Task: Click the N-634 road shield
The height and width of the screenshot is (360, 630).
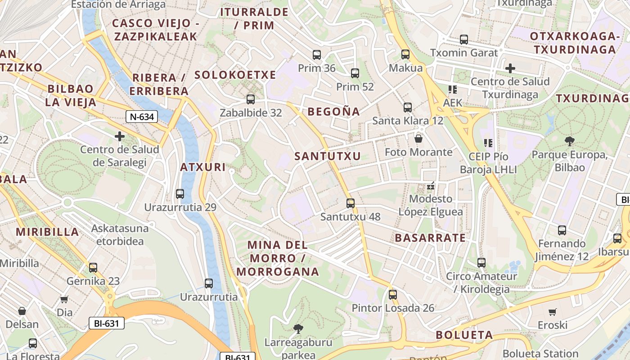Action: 142,117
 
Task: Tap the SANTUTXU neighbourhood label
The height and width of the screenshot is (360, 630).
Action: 328,156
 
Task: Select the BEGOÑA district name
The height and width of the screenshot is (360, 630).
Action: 334,112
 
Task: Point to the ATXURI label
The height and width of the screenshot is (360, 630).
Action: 203,167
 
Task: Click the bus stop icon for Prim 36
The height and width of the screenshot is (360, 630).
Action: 317,55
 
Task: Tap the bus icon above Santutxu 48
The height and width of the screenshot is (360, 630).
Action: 351,203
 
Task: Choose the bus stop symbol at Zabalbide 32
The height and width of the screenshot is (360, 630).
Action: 251,99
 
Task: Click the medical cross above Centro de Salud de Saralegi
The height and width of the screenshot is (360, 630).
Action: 120,136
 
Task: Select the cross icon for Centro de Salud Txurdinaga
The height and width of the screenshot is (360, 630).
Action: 510,68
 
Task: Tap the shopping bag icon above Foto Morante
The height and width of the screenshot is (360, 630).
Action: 418,139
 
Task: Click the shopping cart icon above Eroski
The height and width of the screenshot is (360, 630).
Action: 553,312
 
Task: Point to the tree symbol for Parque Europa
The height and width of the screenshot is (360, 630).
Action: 570,141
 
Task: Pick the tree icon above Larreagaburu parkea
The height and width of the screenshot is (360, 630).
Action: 297,329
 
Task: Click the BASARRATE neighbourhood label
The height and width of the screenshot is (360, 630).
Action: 430,238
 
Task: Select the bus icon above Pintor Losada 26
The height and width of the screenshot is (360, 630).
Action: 393,295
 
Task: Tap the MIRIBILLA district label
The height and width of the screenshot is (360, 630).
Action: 48,232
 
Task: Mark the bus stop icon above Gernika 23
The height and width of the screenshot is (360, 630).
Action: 93,268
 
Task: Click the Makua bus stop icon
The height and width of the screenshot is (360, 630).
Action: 405,54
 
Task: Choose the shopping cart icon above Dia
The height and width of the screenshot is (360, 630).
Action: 64,299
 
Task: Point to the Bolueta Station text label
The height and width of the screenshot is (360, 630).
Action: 540,354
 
